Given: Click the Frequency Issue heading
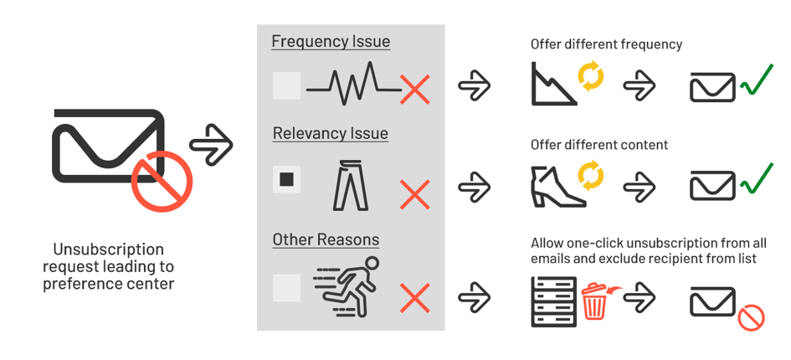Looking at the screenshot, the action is point(331,41).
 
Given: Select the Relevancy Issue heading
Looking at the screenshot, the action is point(331,134).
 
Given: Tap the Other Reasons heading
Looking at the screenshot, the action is point(326,239).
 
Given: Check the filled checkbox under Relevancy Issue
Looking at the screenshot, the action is point(286,179).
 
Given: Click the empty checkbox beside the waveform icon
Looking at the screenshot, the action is point(286,86).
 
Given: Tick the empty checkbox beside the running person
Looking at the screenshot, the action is point(286,288).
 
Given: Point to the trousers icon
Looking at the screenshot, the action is point(351,185).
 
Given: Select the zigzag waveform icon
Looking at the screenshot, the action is point(353,84).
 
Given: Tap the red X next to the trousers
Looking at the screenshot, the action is point(414,194).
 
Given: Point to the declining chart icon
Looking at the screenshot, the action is point(554,84).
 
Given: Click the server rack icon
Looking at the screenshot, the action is point(554,301).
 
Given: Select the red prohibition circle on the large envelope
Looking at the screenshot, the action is point(162,182).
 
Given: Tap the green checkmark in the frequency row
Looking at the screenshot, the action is point(756,80).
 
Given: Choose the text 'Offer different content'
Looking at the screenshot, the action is point(599,145).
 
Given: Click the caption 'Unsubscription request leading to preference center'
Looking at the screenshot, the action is point(109,266).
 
